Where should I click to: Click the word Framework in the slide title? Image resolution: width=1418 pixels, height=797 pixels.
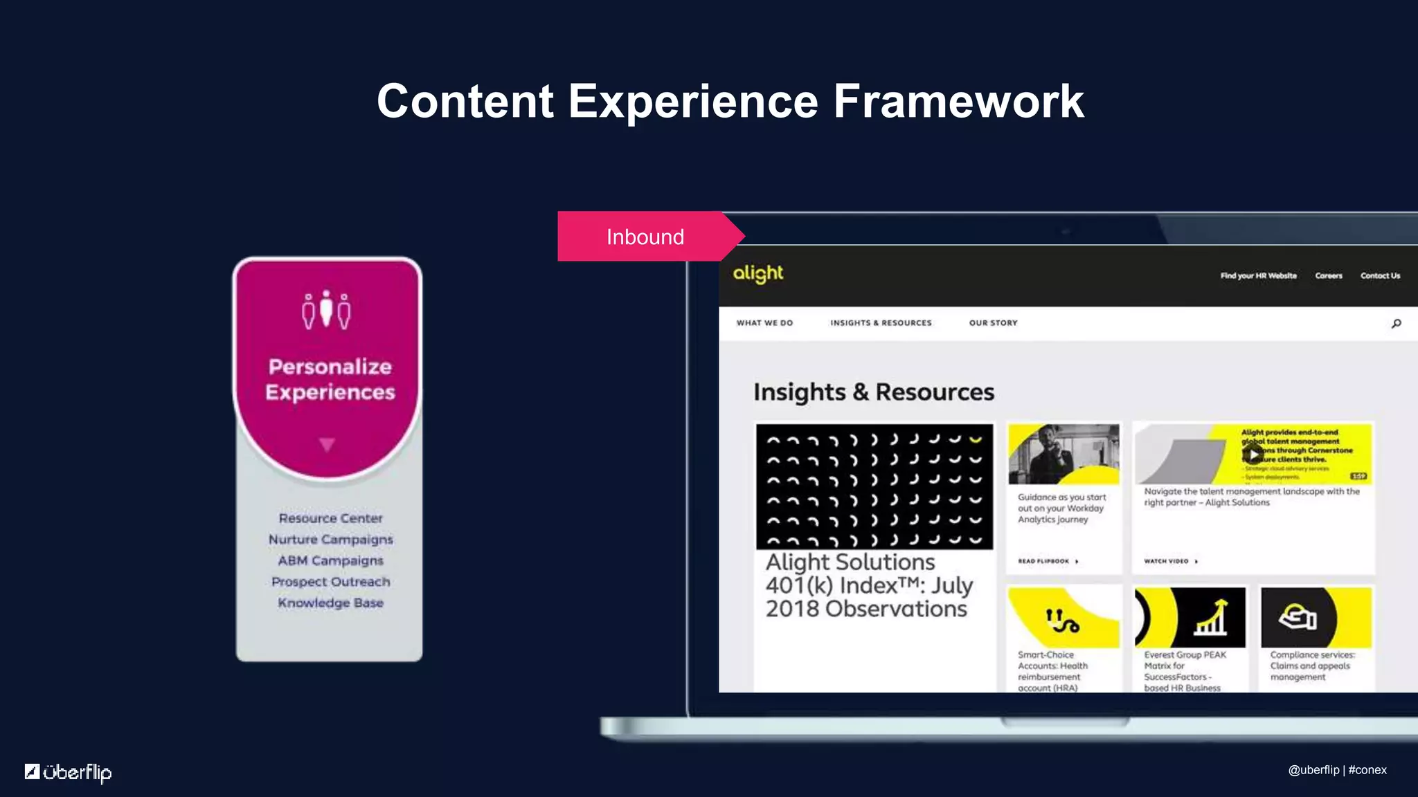click(958, 102)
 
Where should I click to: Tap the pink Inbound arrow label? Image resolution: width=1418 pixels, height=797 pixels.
click(645, 237)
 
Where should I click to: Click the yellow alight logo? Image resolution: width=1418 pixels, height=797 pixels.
click(758, 274)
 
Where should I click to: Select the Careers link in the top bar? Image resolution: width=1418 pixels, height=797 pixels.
click(1328, 276)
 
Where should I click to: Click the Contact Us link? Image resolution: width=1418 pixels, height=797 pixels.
click(1380, 276)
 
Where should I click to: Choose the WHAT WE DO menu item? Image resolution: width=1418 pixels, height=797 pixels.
click(764, 323)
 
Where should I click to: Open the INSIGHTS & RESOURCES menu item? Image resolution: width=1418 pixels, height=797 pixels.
click(881, 323)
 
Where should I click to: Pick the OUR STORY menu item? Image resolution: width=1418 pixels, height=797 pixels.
click(993, 323)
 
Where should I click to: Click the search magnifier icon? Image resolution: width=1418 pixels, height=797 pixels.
click(1396, 324)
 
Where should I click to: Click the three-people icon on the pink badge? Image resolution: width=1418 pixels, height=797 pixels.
click(326, 310)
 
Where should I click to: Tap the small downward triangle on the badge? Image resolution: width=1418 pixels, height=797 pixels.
click(327, 444)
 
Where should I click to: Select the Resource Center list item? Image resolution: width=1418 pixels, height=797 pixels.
click(330, 518)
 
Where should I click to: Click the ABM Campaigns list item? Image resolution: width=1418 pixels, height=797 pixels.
click(330, 560)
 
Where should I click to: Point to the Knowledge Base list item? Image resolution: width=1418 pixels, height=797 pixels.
click(330, 603)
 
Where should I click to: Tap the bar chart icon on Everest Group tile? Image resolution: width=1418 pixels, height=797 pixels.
click(1210, 618)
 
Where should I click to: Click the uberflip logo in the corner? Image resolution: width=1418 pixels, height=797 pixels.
click(69, 771)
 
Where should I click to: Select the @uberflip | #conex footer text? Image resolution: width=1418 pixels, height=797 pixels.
click(1337, 770)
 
